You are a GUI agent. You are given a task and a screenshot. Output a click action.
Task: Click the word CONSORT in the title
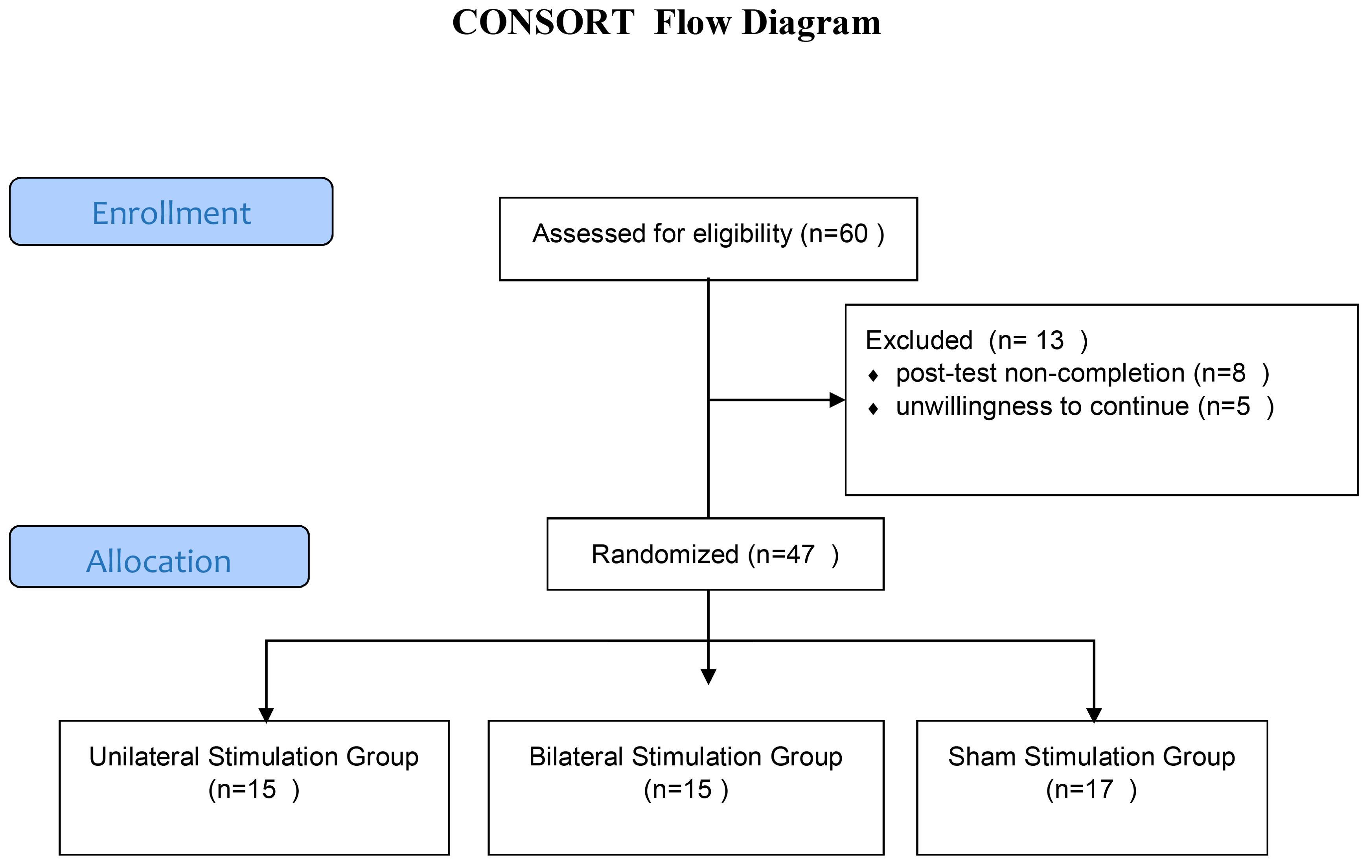tap(543, 23)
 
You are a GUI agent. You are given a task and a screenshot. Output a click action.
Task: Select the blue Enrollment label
tap(171, 211)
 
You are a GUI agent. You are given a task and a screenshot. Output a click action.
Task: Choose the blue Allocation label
tap(159, 557)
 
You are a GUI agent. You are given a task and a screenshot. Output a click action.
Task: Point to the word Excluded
tap(919, 340)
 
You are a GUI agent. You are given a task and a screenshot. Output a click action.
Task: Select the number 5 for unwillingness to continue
tap(1243, 406)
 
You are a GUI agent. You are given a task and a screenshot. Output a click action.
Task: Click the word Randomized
tap(665, 554)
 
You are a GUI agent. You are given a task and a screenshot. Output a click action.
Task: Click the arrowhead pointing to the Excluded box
tap(837, 400)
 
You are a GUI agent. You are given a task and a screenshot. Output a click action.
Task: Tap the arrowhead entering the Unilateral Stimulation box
tap(266, 715)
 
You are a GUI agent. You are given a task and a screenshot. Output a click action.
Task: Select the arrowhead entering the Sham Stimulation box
tap(1094, 715)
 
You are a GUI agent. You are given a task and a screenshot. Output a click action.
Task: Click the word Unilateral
tap(145, 757)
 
